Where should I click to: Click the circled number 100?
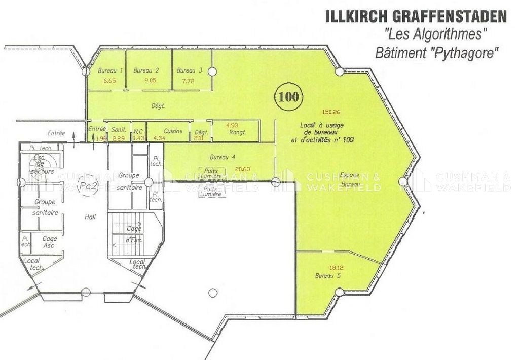tap(288, 96)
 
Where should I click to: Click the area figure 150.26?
tap(331, 112)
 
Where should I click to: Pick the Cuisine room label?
tap(173, 131)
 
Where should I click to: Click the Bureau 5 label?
tap(327, 276)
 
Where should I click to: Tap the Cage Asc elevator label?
tap(49, 242)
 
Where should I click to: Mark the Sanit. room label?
tap(119, 130)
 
